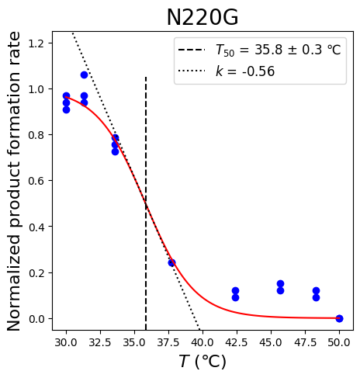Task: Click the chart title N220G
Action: [x=202, y=17]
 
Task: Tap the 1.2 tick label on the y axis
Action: [x=36, y=43]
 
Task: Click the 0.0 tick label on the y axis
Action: [x=36, y=319]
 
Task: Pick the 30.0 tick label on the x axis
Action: [x=66, y=342]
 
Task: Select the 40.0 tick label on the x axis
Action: [x=202, y=342]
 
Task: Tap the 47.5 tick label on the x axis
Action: [x=305, y=342]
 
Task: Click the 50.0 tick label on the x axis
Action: [x=339, y=342]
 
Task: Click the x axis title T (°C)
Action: [x=202, y=361]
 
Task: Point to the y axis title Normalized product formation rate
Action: [x=13, y=181]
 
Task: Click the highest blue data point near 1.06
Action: [x=84, y=75]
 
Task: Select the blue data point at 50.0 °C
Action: [x=339, y=318]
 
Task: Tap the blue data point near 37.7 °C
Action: [x=171, y=263]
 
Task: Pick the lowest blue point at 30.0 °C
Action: [x=66, y=110]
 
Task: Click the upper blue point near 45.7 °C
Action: [x=280, y=283]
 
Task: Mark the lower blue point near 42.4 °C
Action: [x=235, y=297]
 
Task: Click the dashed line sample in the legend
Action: [x=192, y=50]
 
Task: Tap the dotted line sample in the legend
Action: [x=192, y=71]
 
